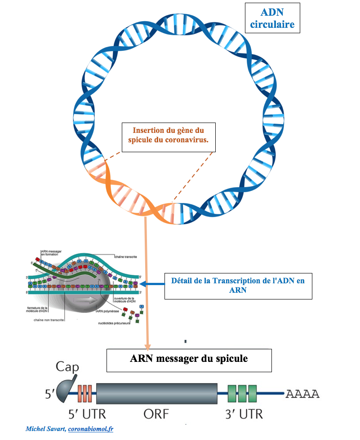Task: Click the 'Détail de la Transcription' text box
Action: point(238,286)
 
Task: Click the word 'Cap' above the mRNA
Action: point(67,368)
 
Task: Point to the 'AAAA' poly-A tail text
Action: point(302,394)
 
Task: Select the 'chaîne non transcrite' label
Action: point(49,320)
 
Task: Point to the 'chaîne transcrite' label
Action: point(125,257)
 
